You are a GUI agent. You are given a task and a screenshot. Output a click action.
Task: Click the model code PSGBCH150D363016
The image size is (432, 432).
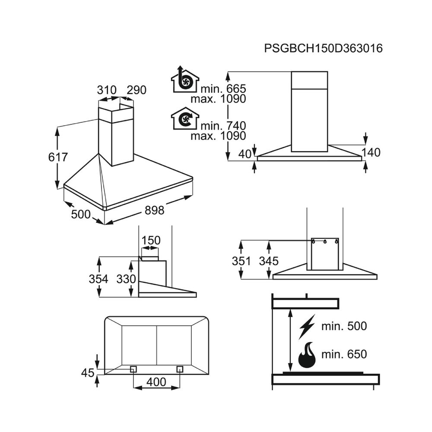(324, 48)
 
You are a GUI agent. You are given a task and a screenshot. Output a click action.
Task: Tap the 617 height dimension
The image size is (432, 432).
(58, 157)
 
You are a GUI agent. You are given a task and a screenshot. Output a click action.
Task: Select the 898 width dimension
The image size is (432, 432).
(154, 210)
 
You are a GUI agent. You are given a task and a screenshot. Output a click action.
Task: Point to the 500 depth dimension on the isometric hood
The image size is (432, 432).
(81, 214)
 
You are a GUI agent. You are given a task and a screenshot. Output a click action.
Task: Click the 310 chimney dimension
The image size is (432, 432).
(107, 90)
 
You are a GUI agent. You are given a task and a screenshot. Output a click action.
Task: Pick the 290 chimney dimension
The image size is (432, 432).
(137, 90)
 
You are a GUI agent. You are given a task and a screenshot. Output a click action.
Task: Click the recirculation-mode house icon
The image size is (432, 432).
(185, 118)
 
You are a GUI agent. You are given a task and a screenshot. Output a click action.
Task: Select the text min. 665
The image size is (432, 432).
(223, 89)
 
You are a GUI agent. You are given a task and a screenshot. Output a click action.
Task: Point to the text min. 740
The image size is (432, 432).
(223, 126)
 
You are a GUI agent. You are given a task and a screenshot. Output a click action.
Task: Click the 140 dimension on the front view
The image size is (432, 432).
(371, 152)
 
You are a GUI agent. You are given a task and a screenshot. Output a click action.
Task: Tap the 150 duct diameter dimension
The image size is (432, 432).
(151, 241)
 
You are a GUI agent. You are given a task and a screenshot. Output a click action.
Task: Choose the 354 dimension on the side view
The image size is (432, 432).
(98, 279)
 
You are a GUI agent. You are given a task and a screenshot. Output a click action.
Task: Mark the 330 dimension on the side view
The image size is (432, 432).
(126, 279)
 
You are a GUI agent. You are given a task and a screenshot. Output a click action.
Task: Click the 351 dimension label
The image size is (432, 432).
(241, 261)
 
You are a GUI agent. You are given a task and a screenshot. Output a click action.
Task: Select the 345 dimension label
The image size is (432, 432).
(269, 261)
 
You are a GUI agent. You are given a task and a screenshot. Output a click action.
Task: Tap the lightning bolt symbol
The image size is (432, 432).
(307, 327)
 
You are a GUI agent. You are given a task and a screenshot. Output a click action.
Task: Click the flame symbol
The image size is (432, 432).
(307, 355)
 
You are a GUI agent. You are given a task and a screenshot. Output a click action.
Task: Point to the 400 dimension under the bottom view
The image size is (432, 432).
(156, 382)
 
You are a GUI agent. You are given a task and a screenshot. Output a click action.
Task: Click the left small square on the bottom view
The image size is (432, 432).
(133, 369)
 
